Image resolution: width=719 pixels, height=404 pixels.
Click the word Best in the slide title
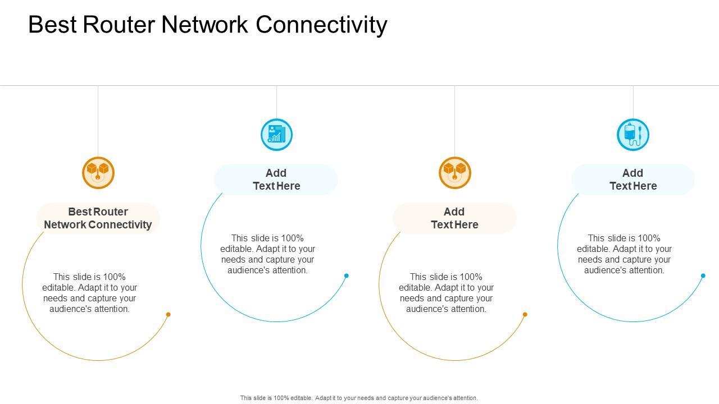(x=52, y=25)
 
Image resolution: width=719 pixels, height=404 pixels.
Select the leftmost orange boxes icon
(x=98, y=172)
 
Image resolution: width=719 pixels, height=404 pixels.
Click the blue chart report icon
(x=276, y=135)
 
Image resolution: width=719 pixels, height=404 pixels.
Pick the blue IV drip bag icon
(x=633, y=135)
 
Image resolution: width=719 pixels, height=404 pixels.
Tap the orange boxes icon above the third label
(x=454, y=172)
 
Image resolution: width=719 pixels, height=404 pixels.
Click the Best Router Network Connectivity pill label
(x=98, y=218)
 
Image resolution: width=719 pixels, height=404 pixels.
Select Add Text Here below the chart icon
(x=276, y=180)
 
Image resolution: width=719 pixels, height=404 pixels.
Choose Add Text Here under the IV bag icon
(x=633, y=180)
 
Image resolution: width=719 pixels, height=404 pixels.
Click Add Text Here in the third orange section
(x=454, y=218)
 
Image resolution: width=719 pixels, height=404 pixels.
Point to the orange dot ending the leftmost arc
(x=168, y=314)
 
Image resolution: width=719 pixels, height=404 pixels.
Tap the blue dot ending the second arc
(x=347, y=276)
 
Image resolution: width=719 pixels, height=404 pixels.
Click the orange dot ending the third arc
(x=525, y=314)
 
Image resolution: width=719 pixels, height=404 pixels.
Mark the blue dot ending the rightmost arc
(x=703, y=276)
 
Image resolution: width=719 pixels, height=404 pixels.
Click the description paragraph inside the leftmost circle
(x=90, y=293)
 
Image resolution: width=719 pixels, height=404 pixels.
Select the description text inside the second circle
(x=268, y=254)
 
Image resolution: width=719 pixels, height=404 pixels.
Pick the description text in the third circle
(x=447, y=293)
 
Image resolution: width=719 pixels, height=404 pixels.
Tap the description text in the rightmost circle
(x=625, y=254)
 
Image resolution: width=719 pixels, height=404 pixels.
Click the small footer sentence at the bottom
(x=359, y=398)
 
